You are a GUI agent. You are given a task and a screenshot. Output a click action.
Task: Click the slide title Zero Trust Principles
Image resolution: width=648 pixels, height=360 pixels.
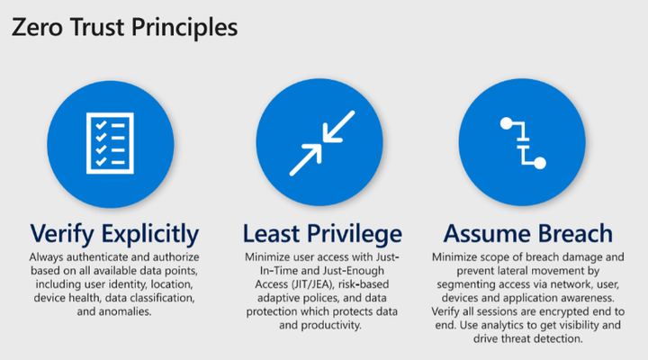[124, 27]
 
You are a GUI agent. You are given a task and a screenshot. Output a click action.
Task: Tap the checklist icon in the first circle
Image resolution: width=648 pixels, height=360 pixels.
[110, 143]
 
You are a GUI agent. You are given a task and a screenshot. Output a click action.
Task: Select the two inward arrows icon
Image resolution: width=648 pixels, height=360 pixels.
[322, 143]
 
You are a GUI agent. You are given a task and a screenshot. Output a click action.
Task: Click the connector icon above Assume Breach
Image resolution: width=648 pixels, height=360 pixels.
[523, 143]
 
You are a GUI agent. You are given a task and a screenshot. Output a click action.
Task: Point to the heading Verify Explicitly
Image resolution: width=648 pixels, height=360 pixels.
[114, 234]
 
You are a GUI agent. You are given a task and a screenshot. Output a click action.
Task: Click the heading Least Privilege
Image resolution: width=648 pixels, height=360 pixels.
[322, 233]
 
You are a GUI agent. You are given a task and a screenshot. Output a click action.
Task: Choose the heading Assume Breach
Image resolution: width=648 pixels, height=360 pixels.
[527, 233]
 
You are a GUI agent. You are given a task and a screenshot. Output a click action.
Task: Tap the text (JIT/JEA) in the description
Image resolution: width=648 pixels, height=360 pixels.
[312, 284]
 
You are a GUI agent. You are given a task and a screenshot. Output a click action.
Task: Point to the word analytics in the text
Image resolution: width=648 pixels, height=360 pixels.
[509, 325]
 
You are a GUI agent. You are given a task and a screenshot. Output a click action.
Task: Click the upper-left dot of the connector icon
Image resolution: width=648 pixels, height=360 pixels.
[506, 123]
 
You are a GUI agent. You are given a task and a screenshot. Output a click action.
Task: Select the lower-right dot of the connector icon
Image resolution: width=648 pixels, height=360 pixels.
[540, 163]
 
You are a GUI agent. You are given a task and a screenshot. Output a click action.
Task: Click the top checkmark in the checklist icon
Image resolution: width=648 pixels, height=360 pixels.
[101, 125]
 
